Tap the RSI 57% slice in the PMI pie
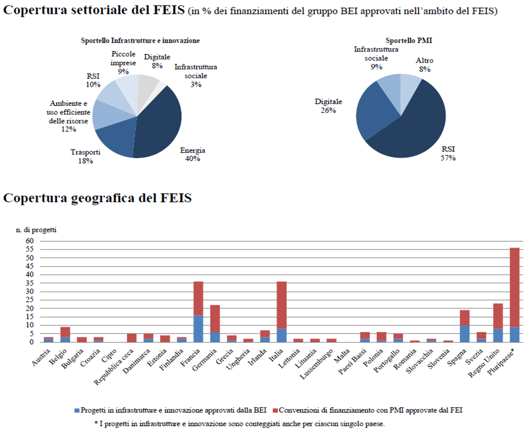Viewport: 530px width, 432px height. [411, 128]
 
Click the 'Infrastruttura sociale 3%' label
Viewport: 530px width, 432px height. [195, 76]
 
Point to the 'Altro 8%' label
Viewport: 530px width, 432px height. [424, 65]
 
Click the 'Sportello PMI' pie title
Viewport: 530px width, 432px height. [409, 40]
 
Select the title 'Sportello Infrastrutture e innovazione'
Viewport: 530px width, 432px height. [140, 40]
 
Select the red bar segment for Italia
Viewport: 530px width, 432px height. [282, 305]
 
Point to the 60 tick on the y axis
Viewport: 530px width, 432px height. [30, 241]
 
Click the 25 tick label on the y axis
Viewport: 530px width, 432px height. [30, 300]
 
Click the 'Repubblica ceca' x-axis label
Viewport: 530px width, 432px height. [113, 367]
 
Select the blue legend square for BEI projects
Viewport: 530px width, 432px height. [77, 411]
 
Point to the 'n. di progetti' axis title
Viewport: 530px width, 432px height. [36, 230]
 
